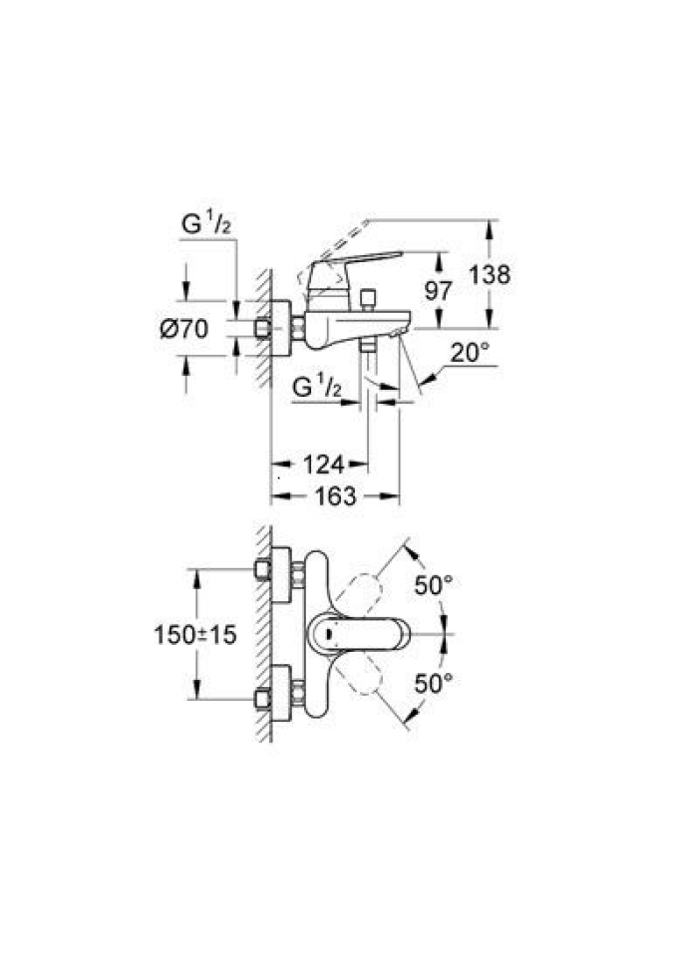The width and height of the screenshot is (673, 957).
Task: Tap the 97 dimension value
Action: (438, 292)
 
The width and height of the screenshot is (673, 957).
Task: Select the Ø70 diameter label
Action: (184, 329)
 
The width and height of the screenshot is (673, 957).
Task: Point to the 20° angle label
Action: (470, 352)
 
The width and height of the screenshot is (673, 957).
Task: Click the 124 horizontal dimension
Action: (323, 464)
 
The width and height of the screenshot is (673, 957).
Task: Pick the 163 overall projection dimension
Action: (336, 495)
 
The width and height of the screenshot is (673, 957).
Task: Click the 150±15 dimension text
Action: (195, 634)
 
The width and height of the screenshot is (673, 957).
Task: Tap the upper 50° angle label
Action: (435, 586)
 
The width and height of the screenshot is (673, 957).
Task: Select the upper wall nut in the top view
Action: (264, 571)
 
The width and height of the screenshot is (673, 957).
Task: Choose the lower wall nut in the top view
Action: (264, 699)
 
